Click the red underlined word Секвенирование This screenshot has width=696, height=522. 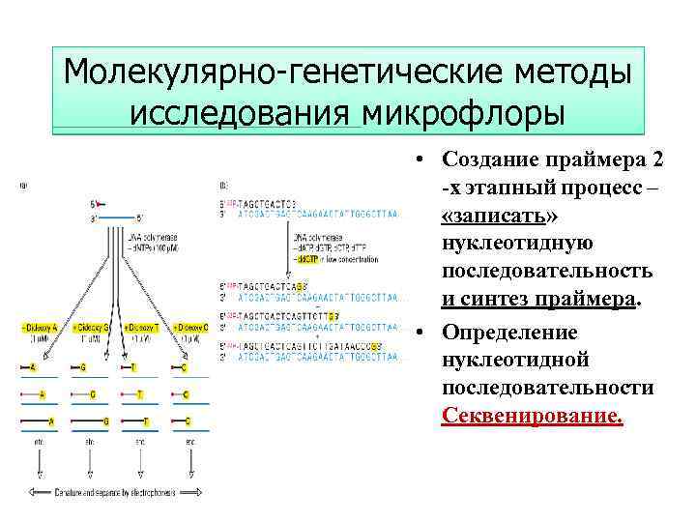click(533, 416)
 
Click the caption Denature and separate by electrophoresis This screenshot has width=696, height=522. click(117, 493)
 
